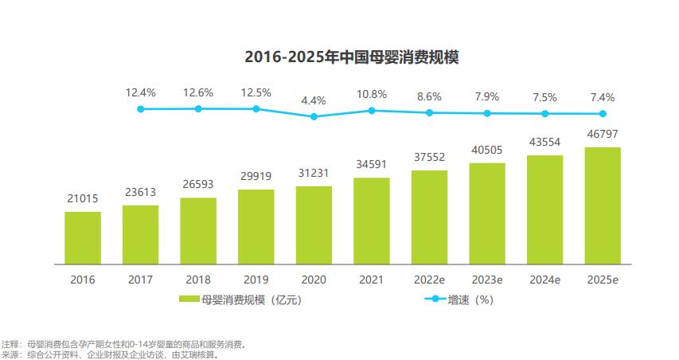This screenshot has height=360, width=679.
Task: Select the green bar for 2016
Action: coord(83,237)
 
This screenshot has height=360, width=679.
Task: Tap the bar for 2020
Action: coord(314,225)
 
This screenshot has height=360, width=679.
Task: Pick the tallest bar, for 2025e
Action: coord(603,205)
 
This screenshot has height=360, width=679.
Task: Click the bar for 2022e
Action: coord(429,217)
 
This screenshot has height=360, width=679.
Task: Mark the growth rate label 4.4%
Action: coord(314,100)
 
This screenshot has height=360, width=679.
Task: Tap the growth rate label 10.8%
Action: coord(372,93)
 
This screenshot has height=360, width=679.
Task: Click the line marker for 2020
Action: coord(314,116)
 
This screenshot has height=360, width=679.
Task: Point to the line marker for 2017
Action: coord(141,108)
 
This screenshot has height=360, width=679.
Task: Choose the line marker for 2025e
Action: coord(603,114)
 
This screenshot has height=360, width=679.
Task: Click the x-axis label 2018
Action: coord(198,280)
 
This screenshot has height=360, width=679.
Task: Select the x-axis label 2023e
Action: coord(487,280)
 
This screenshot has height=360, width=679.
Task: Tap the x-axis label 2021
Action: coord(372,280)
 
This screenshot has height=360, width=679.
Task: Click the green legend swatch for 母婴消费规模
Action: coord(189,300)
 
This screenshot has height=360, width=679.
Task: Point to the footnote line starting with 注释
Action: coord(127,344)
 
